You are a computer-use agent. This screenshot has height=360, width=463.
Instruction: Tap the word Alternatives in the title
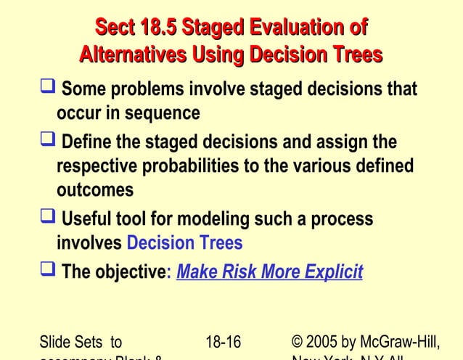(134, 55)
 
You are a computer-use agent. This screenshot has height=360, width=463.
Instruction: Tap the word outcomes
(95, 191)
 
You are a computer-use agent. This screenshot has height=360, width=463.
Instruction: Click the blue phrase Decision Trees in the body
(184, 243)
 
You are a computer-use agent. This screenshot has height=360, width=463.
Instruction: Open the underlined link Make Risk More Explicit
(269, 272)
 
